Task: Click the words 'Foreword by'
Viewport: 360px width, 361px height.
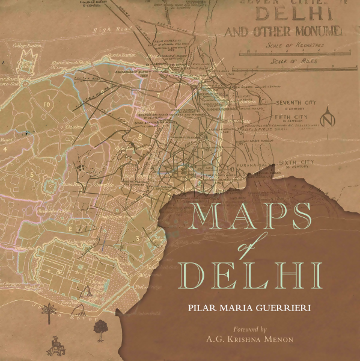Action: (249, 329)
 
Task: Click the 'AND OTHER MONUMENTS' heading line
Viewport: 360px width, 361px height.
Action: (282, 31)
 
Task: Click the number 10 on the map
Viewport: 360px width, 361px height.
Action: (47, 104)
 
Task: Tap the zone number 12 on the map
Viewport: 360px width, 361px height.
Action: (69, 229)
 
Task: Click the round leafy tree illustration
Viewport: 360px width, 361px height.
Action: (99, 327)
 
